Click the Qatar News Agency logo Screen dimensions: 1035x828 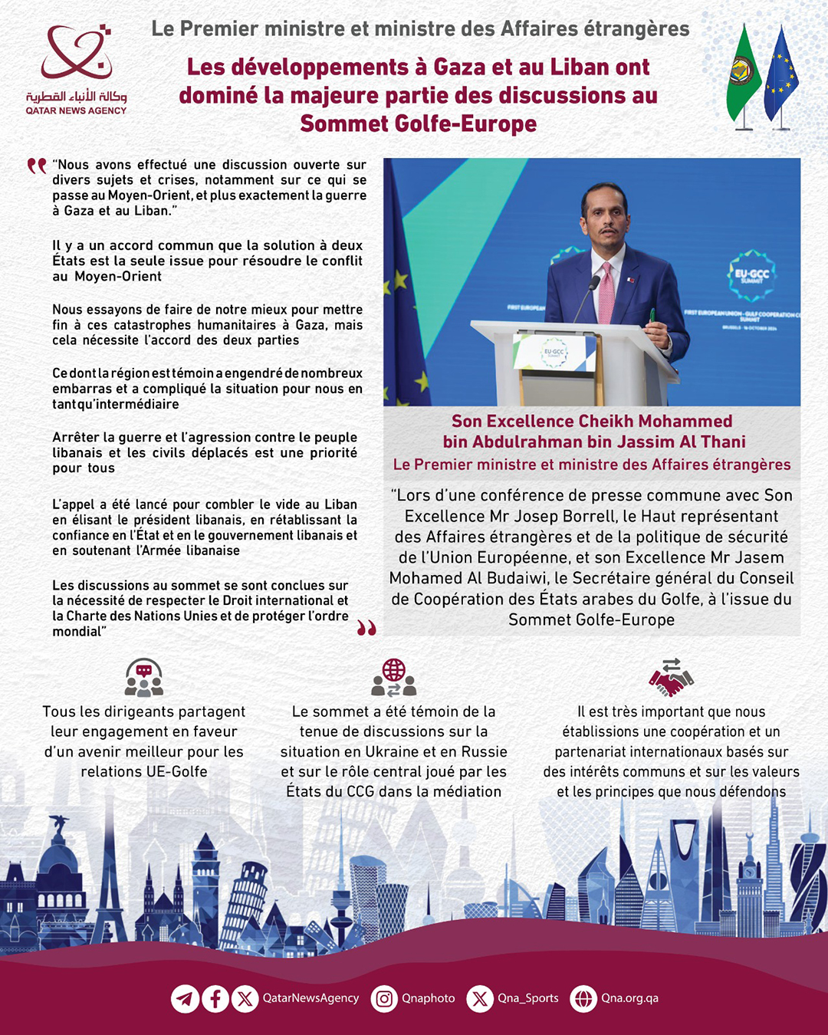pos(76,69)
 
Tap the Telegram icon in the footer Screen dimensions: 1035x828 pos(185,999)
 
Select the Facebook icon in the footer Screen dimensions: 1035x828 pos(215,999)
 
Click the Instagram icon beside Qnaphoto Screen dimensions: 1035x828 pos(385,999)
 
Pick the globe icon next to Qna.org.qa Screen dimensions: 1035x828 pos(584,999)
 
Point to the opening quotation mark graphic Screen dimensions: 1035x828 pos(37,166)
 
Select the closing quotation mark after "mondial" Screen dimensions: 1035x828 pos(366,629)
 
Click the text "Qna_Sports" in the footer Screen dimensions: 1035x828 pos(528,998)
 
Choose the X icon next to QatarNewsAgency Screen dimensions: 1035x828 pos(245,999)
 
